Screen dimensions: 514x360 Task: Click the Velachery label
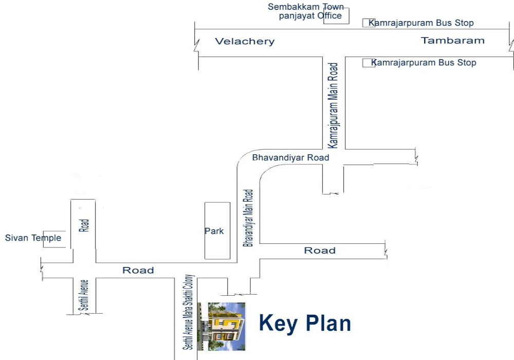245,41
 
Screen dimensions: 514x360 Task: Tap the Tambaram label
452,40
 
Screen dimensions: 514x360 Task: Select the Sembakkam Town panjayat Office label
306,11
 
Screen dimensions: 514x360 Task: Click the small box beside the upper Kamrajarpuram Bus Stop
369,23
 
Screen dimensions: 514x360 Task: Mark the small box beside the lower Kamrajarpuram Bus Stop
369,63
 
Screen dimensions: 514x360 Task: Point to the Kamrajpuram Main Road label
333,105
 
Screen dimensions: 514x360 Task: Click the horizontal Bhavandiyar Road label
290,158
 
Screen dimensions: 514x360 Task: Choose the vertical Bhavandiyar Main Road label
248,218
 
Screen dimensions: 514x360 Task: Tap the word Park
214,231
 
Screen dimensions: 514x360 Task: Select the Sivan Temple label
33,238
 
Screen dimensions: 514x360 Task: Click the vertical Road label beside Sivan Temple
84,225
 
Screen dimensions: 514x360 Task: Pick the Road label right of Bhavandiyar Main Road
320,250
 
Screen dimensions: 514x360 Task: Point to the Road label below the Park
138,270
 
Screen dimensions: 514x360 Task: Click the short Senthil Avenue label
84,295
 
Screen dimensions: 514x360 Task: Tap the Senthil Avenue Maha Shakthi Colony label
188,312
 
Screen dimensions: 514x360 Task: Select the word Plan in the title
328,323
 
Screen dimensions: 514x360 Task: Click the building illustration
222,327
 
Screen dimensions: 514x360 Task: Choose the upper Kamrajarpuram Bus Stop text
421,23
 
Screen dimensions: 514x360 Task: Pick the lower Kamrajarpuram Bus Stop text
424,63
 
